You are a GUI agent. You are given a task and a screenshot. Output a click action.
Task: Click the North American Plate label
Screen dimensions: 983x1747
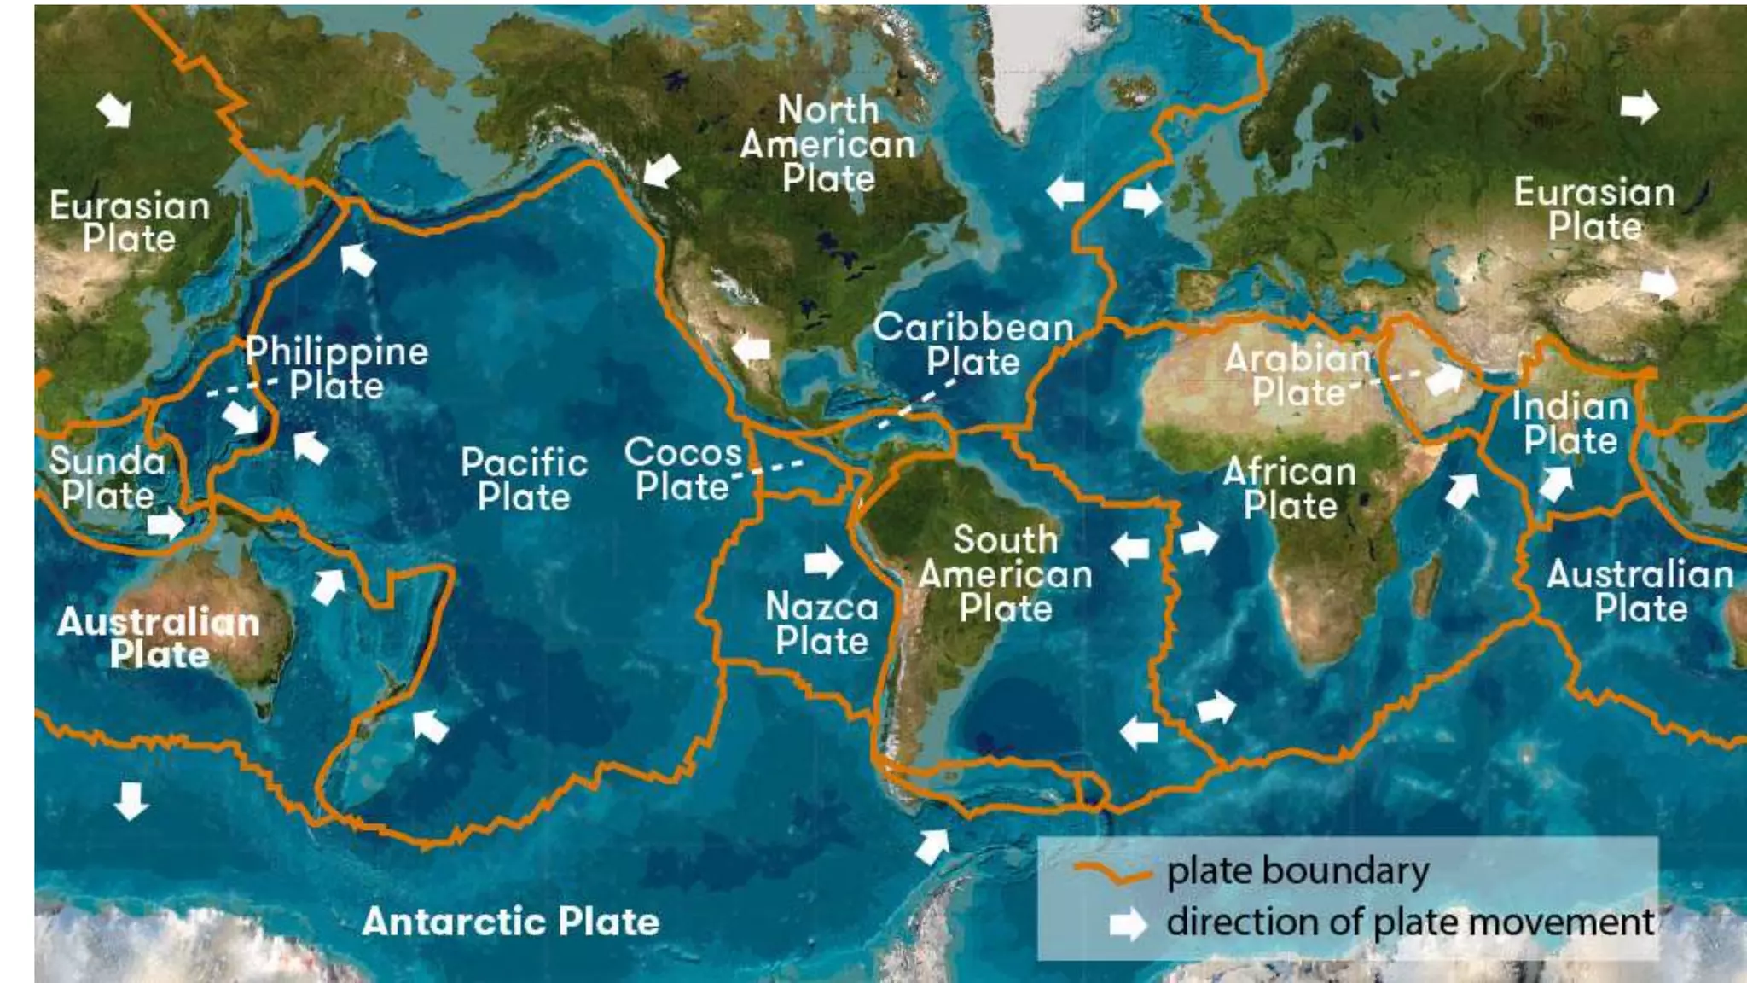coord(827,144)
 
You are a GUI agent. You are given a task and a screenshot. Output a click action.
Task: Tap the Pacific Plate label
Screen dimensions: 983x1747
coord(524,480)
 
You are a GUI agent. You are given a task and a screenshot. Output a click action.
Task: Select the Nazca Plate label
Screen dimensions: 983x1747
coord(821,624)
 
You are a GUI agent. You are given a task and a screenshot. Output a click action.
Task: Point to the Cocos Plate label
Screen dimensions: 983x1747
coord(682,469)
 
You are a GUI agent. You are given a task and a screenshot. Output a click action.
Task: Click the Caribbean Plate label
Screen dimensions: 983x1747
coord(972,345)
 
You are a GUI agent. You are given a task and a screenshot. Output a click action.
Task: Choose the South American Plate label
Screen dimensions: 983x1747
coord(1005,574)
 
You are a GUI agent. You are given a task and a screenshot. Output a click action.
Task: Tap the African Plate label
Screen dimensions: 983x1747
coord(1289,489)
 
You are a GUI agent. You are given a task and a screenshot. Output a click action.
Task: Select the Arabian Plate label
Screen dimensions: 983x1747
coord(1297,375)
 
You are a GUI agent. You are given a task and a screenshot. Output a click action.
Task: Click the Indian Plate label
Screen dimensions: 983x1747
coord(1570,423)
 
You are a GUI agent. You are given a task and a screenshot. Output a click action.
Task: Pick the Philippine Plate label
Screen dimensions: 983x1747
coord(337,369)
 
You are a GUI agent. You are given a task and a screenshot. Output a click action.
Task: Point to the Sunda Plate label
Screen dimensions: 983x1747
coord(107,478)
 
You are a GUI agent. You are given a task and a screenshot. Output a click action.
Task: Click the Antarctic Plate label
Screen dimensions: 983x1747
coord(510,922)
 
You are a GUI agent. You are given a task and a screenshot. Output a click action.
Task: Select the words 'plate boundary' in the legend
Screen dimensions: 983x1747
coord(1297,871)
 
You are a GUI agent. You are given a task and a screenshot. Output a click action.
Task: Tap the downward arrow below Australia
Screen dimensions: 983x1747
coord(131,800)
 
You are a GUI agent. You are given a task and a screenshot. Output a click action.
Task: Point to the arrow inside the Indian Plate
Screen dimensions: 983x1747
coord(1556,484)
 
